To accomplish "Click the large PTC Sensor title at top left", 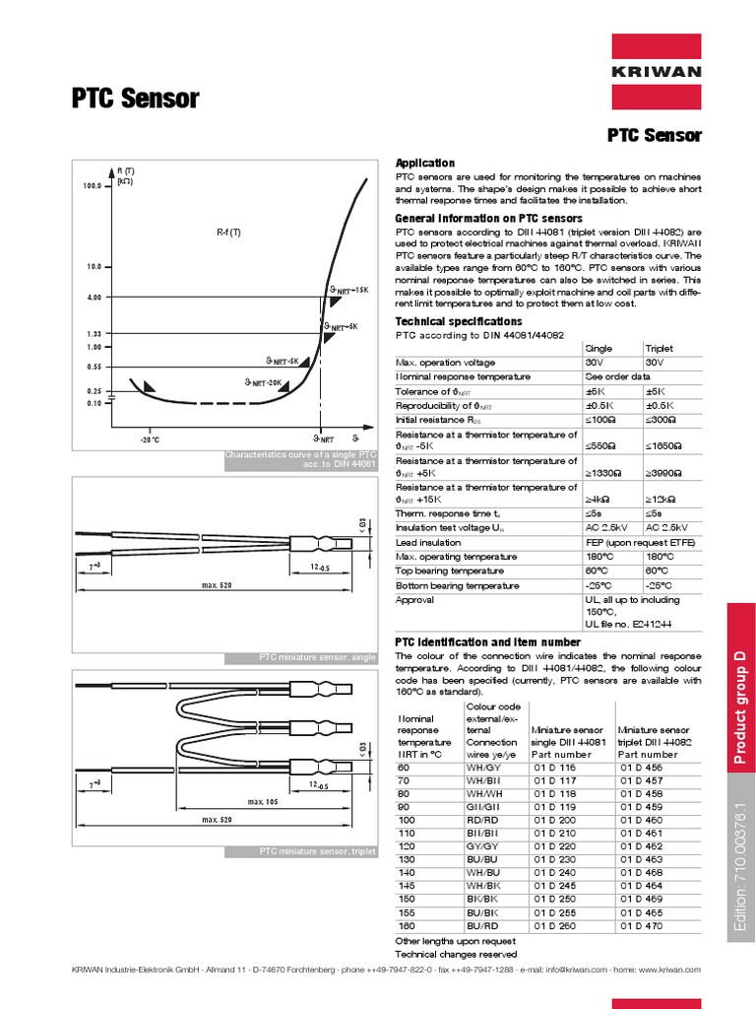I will (x=136, y=99).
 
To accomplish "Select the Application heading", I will (x=424, y=163).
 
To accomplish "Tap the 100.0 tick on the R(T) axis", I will (x=94, y=184).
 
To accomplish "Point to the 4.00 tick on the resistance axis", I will (x=94, y=297).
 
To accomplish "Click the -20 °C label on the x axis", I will (x=150, y=438).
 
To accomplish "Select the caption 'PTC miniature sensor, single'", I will (x=316, y=656).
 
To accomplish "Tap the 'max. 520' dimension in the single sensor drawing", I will (x=217, y=586).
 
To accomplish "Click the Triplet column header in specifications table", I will (x=659, y=349).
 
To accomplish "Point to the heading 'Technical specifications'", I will (x=458, y=321).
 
